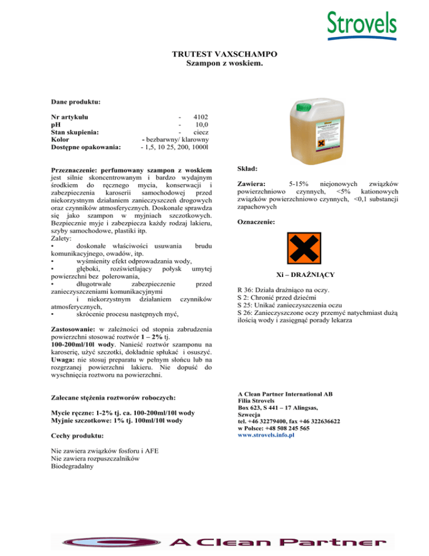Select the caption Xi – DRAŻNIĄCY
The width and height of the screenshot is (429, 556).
pos(306,275)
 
